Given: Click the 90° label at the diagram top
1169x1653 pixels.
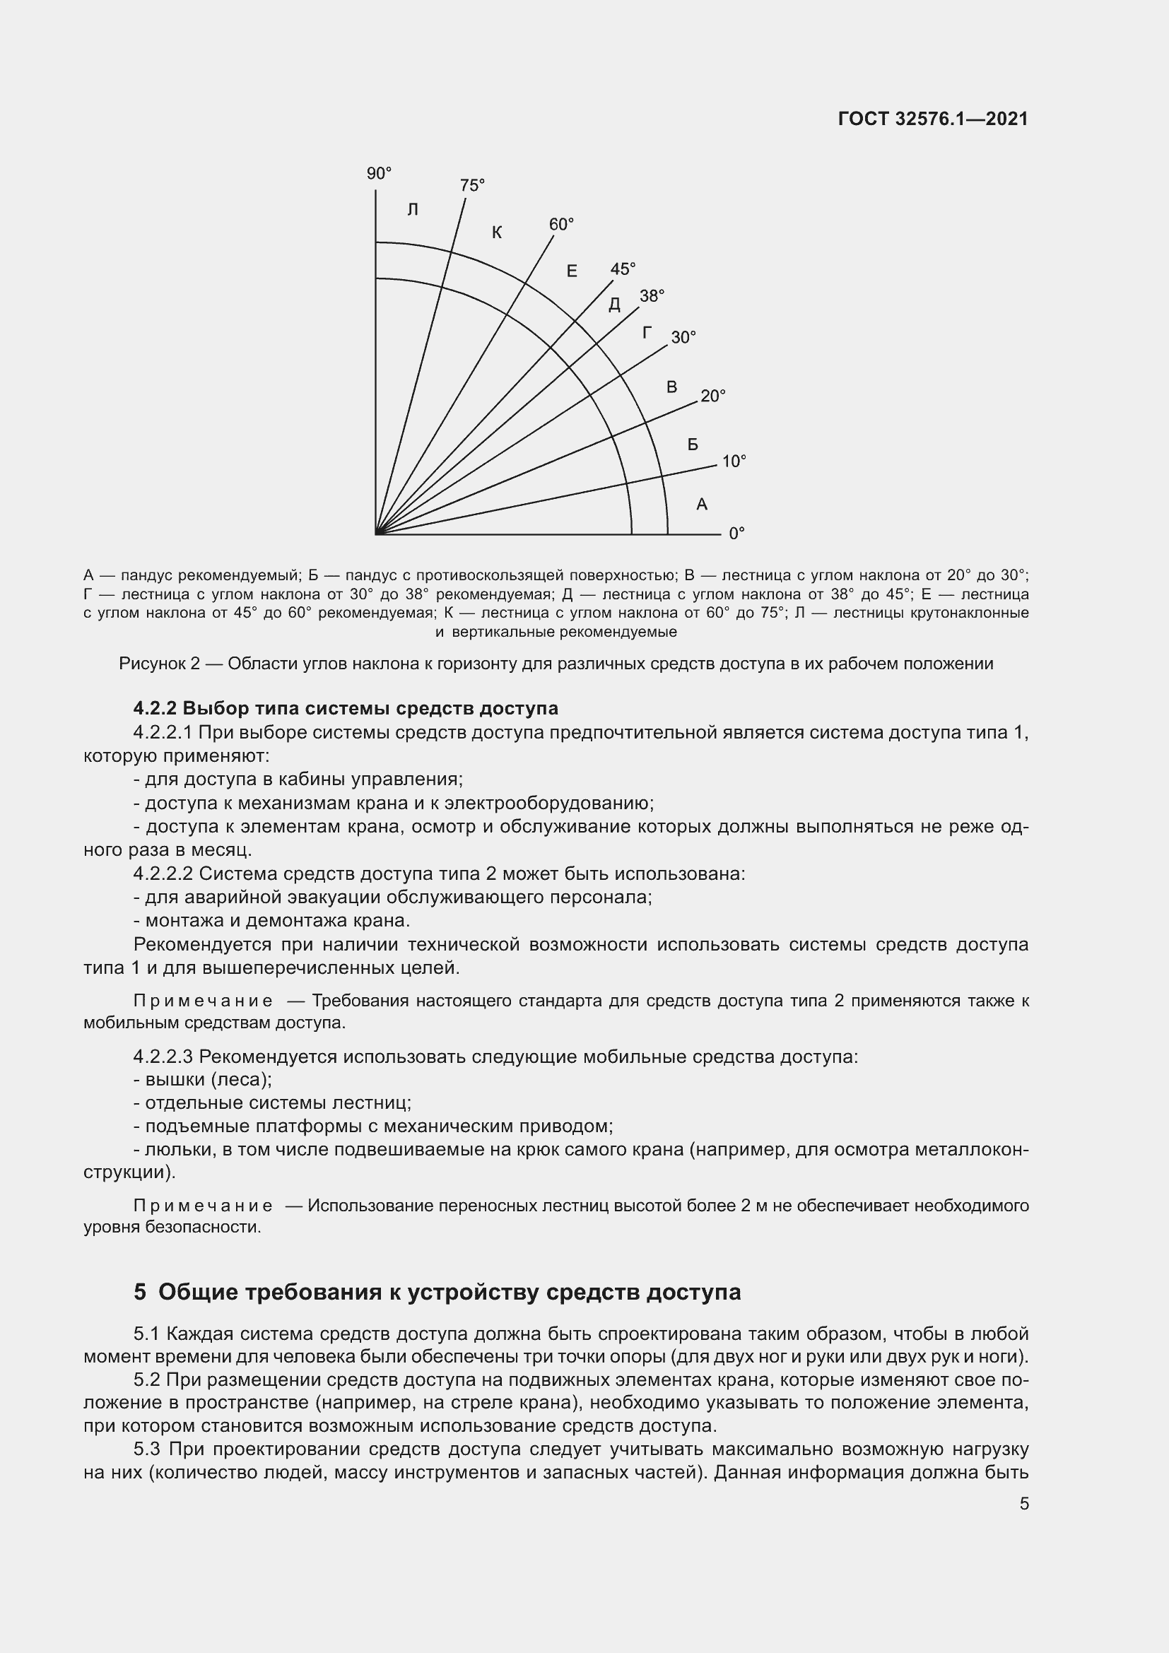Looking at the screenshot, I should click(x=379, y=174).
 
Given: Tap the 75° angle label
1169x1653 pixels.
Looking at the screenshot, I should click(x=472, y=186).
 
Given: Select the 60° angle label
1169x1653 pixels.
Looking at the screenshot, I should click(x=561, y=225).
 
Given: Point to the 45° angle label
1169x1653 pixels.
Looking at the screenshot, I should click(x=623, y=269).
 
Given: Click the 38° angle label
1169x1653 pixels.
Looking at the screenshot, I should click(x=652, y=296).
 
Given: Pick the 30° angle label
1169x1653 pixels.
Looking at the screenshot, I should click(x=683, y=338).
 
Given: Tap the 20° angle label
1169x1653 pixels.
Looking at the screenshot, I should click(x=712, y=396).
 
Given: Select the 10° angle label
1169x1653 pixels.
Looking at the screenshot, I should click(x=734, y=461).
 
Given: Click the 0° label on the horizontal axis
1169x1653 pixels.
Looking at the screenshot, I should click(x=736, y=534).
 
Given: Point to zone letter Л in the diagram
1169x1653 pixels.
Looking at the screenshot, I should click(x=413, y=210).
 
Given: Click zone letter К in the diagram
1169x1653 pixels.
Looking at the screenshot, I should click(x=497, y=233).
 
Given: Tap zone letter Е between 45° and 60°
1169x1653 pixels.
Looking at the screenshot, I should click(x=572, y=271).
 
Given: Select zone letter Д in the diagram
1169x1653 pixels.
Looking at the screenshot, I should click(x=614, y=305).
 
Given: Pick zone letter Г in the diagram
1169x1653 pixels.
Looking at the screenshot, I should click(x=647, y=333).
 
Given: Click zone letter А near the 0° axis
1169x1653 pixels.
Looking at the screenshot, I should click(x=702, y=505).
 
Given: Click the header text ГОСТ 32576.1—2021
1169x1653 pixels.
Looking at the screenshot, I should click(x=933, y=119).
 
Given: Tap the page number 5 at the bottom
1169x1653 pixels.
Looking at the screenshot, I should click(x=1023, y=1503).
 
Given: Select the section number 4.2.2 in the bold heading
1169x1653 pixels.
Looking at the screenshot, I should click(x=155, y=708).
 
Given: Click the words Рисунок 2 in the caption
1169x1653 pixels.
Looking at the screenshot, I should click(x=159, y=664).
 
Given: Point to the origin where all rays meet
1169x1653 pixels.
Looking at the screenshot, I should click(x=377, y=534).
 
